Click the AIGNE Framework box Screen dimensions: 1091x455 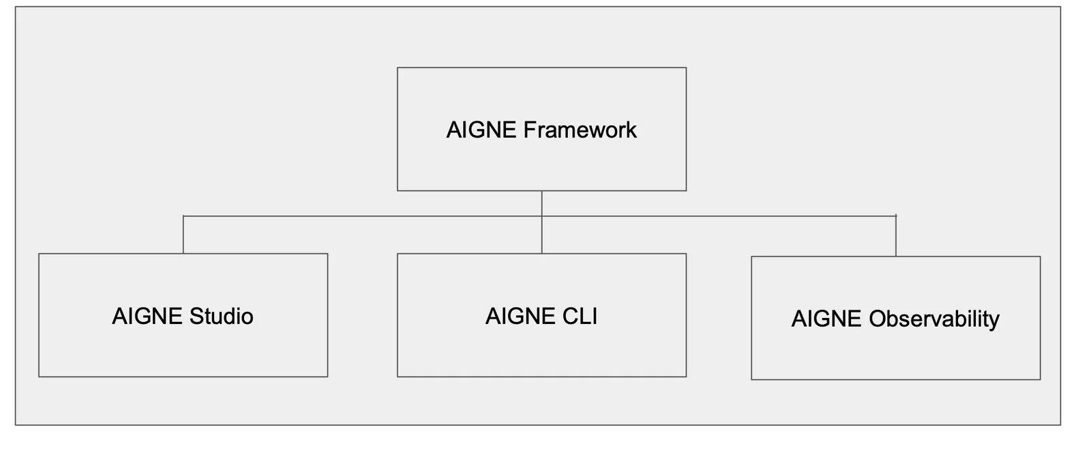[541, 129]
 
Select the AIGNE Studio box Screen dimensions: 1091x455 [183, 315]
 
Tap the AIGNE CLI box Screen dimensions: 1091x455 [541, 315]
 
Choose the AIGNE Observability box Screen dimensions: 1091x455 [896, 318]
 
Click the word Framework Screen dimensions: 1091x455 [580, 130]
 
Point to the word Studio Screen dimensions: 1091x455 [222, 316]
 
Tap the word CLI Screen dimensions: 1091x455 [580, 316]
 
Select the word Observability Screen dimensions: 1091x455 [934, 319]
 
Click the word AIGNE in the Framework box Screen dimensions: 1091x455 [481, 130]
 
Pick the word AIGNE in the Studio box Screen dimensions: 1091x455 [147, 316]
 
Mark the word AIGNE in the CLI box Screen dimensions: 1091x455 [520, 316]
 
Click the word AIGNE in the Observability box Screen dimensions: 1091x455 [826, 319]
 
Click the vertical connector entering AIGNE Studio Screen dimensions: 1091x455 [183, 234]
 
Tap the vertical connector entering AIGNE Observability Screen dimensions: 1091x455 [896, 236]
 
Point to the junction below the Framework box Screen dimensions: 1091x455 [541, 216]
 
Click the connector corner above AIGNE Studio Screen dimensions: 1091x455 [183, 216]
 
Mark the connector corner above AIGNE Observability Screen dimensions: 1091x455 [896, 216]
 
